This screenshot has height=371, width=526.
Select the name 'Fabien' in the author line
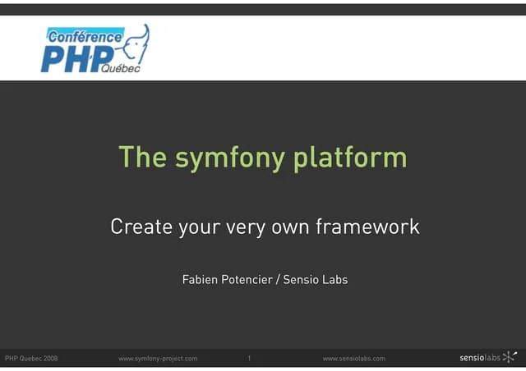tap(200, 280)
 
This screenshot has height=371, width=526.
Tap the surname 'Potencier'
tap(248, 280)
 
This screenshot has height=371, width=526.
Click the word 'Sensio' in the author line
tap(302, 280)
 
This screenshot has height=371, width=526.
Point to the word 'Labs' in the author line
tap(336, 280)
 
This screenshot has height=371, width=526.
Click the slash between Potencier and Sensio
tap(278, 280)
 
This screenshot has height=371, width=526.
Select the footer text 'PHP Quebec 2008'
tap(31, 359)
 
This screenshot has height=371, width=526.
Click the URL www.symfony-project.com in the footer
tap(158, 359)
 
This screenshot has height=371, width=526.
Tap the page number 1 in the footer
tap(249, 359)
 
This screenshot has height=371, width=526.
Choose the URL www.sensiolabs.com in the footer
tap(353, 359)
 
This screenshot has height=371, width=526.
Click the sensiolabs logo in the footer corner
tap(490, 358)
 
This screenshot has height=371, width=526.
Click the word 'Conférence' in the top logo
tap(85, 37)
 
